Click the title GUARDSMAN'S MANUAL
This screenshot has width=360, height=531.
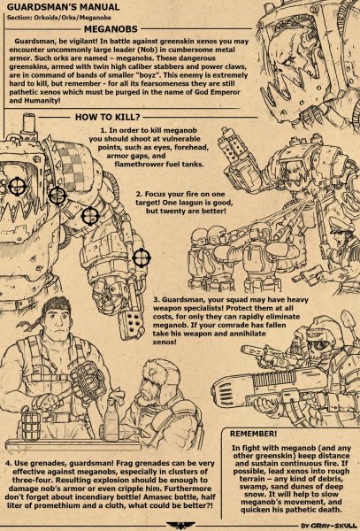coord(63,7)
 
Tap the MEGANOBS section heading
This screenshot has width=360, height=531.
coord(111,29)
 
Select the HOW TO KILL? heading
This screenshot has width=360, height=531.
coord(108,117)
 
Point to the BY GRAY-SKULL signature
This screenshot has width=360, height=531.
coord(330,526)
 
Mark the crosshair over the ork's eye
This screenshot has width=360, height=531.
coord(17,186)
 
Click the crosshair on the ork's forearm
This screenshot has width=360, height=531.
coord(142,258)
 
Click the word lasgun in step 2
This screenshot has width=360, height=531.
coord(205,203)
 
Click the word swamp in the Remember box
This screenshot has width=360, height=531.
coord(249,487)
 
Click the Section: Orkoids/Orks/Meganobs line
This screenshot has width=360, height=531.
coord(58,18)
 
